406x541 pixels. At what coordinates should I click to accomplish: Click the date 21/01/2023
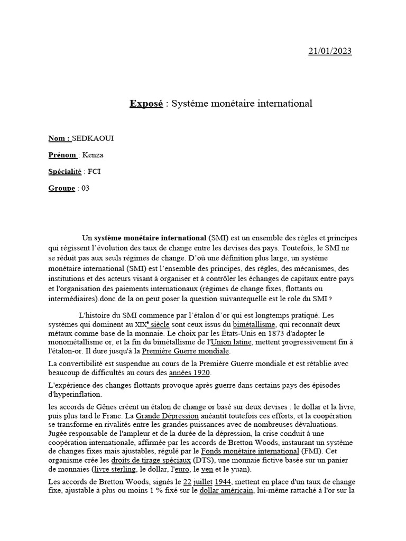click(x=330, y=51)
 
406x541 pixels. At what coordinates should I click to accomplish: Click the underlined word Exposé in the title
click(x=146, y=104)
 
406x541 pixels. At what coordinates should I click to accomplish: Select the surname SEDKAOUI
click(x=93, y=138)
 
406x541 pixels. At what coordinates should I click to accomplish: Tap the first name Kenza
click(x=93, y=155)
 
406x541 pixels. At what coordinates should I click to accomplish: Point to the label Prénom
click(x=63, y=155)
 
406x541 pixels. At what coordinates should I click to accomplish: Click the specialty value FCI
click(x=94, y=172)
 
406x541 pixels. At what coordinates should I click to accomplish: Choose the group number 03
click(x=85, y=188)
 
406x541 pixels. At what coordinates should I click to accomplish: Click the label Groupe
click(x=61, y=188)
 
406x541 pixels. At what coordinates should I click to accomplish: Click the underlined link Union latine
click(x=233, y=342)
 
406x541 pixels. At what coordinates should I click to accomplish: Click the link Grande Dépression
click(x=168, y=415)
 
